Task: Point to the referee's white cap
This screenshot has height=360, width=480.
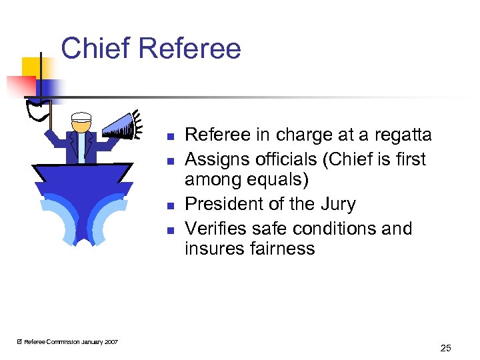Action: tap(81, 117)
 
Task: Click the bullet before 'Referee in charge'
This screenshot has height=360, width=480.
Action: tap(171, 137)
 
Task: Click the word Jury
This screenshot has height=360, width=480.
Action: tap(338, 204)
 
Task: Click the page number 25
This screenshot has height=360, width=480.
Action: tap(446, 347)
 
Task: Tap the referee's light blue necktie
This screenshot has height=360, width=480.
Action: tap(81, 147)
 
